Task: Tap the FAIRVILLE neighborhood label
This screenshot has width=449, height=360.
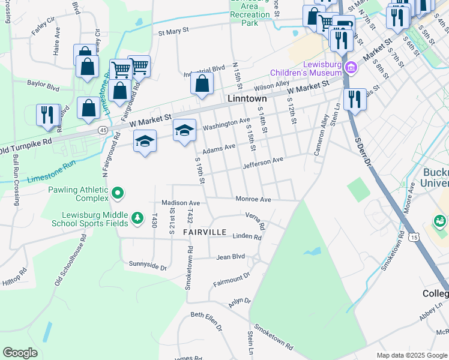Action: [205, 232]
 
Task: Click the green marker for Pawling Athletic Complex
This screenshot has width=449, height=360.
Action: [118, 194]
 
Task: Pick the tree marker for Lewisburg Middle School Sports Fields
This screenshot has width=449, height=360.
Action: [137, 219]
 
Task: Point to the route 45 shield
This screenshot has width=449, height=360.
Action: [103, 130]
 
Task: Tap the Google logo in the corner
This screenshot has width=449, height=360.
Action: [20, 353]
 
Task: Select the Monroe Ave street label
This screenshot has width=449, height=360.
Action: [253, 199]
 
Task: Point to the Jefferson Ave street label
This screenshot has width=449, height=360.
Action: [262, 161]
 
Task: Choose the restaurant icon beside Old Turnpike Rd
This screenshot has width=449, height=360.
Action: [48, 115]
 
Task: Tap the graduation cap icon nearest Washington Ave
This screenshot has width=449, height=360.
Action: [185, 130]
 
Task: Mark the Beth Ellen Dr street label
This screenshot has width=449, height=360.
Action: [206, 314]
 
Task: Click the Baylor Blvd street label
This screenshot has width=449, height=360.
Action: [43, 88]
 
